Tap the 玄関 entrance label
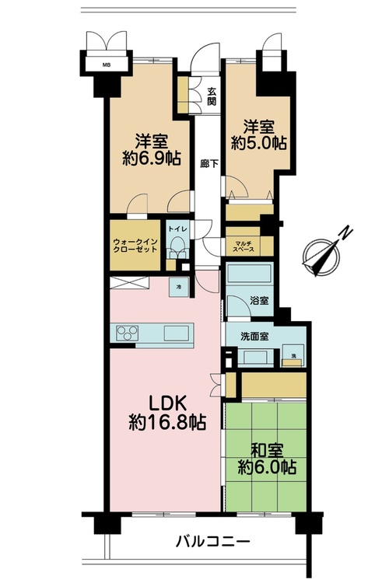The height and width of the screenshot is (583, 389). pyautogui.click(x=212, y=96)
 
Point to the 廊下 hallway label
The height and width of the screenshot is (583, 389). pyautogui.click(x=209, y=164)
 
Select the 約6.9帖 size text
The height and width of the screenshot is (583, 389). pyautogui.click(x=152, y=159)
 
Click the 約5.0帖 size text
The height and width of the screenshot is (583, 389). pyautogui.click(x=259, y=143)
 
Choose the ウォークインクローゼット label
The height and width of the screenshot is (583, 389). pyautogui.click(x=135, y=245)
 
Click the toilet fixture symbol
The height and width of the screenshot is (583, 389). pyautogui.click(x=177, y=247)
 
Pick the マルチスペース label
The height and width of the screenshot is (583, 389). pyautogui.click(x=244, y=246)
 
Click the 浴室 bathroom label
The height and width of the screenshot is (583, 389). pyautogui.click(x=259, y=300)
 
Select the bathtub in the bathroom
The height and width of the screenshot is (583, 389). pyautogui.click(x=250, y=274)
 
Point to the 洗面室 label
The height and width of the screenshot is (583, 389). pyautogui.click(x=254, y=337)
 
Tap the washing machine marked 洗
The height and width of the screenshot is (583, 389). pyautogui.click(x=293, y=356)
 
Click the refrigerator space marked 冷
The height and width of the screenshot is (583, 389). pyautogui.click(x=179, y=287)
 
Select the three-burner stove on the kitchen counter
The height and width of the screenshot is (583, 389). pyautogui.click(x=127, y=333)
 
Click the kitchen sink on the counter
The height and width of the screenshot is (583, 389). pyautogui.click(x=177, y=333)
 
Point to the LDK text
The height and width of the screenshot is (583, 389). pyautogui.click(x=166, y=404)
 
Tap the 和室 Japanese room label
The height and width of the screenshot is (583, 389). pyautogui.click(x=267, y=451)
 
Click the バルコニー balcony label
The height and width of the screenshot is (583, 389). pyautogui.click(x=213, y=541)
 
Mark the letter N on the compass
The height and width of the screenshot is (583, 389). pyautogui.click(x=345, y=232)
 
